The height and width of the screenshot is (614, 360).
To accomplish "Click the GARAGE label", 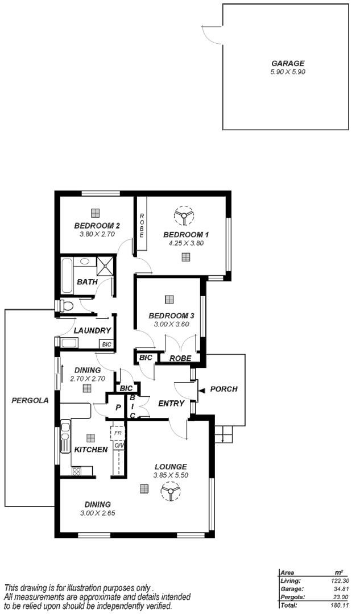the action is [x=288, y=64].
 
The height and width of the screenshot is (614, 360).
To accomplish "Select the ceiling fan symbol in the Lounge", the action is [x=170, y=491].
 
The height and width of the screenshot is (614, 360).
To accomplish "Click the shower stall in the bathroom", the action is [x=105, y=265].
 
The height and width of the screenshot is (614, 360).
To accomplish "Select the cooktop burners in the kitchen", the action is [x=76, y=471].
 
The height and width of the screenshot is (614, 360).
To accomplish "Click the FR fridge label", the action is [x=118, y=433].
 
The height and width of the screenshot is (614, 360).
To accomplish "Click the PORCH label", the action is [x=224, y=389].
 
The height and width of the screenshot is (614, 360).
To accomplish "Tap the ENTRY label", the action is [x=171, y=404].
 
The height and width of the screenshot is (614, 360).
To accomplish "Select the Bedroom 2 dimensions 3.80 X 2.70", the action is [x=97, y=234].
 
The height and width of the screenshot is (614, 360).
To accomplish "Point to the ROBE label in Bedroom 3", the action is [x=180, y=358].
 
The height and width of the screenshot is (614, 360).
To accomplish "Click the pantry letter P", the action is [x=118, y=408].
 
